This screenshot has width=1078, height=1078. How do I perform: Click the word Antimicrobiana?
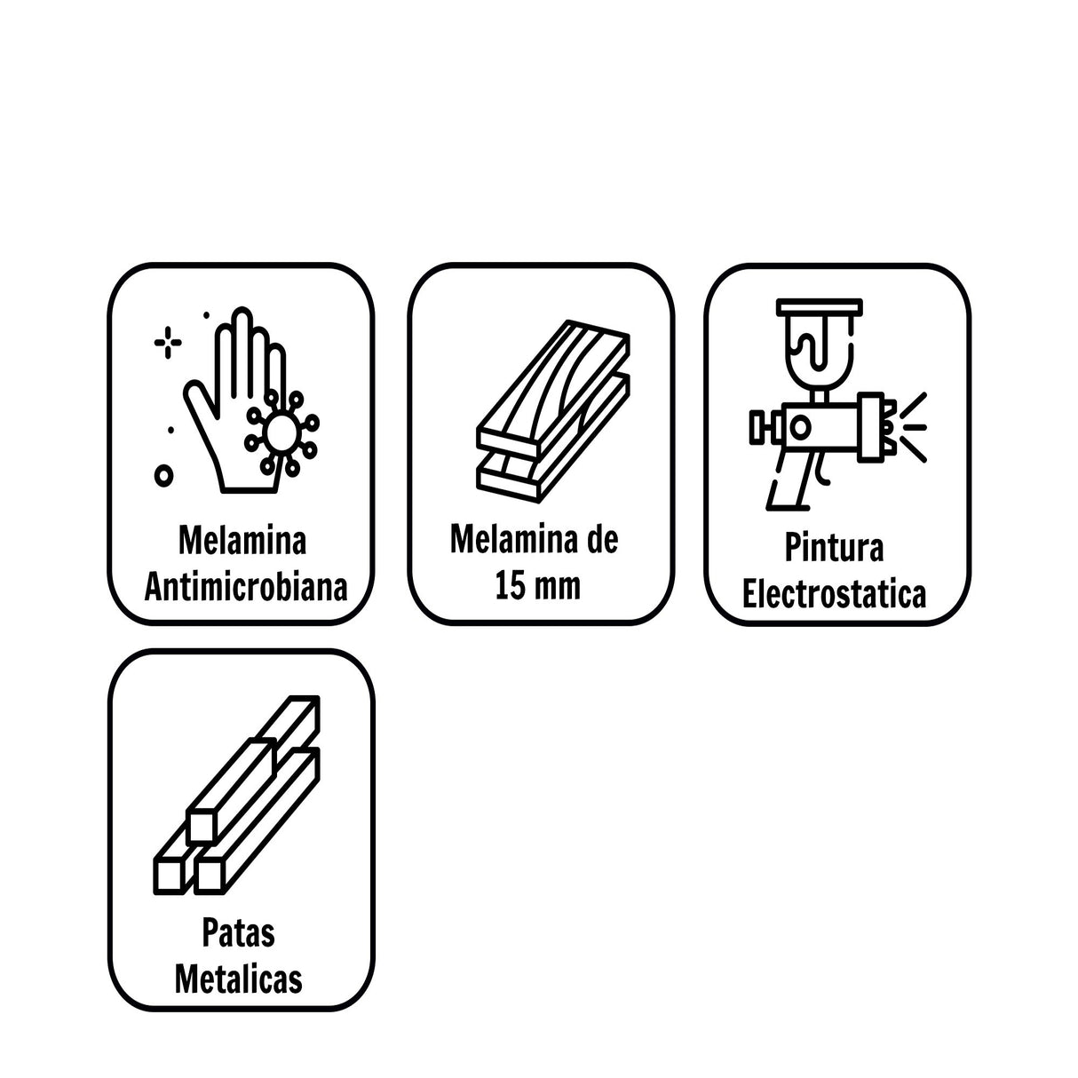point(246,587)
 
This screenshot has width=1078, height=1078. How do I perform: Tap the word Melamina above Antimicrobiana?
point(242,541)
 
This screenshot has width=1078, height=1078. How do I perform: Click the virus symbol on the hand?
point(281,432)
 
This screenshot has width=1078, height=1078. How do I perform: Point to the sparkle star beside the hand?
point(167,342)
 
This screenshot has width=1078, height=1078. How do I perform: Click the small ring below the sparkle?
point(163,475)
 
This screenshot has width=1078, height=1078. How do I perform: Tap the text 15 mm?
point(537,586)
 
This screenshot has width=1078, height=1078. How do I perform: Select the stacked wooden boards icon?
point(553,411)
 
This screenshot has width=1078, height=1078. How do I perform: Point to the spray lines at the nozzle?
point(913,427)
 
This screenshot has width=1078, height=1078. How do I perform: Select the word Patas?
point(238,932)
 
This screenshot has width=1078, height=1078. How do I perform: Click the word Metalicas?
point(238,979)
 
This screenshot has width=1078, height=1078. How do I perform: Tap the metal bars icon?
point(236,795)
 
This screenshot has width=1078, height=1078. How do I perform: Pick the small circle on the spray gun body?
point(801,427)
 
